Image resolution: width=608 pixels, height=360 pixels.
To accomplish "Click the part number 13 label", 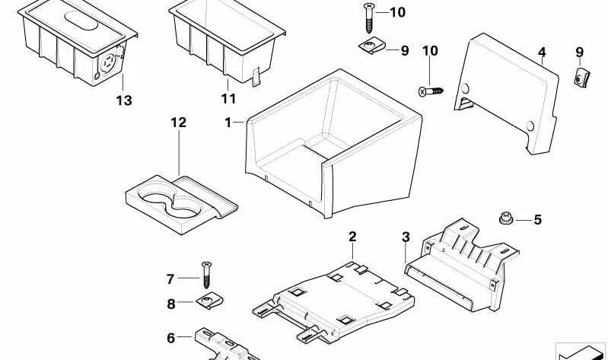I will pyautogui.click(x=124, y=100).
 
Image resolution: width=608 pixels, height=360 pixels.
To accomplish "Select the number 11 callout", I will pyautogui.click(x=228, y=99).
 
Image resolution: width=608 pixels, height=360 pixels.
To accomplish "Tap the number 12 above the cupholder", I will pyautogui.click(x=178, y=123).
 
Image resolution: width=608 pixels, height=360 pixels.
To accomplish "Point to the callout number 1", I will pyautogui.click(x=228, y=122).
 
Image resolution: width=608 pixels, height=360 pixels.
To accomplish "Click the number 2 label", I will pyautogui.click(x=352, y=237).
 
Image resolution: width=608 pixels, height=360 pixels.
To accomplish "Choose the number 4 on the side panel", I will pyautogui.click(x=542, y=53).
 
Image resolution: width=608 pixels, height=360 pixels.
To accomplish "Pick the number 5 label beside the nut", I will pyautogui.click(x=537, y=220).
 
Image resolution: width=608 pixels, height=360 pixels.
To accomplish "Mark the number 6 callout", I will pyautogui.click(x=170, y=338).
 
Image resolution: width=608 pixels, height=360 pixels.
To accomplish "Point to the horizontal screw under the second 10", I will pyautogui.click(x=430, y=91).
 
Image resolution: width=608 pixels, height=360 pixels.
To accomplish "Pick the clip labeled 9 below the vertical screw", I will pyautogui.click(x=371, y=48).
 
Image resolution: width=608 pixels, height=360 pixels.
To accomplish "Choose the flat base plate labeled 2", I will pyautogui.click(x=335, y=293).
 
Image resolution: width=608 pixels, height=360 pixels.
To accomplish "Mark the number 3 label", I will pyautogui.click(x=406, y=237).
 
